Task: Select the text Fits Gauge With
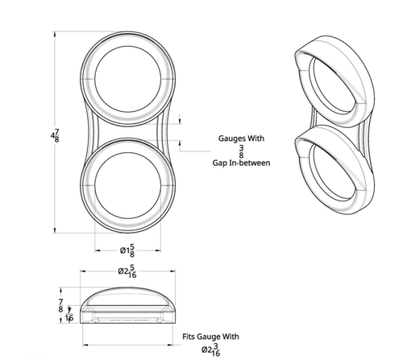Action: point(210,336)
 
